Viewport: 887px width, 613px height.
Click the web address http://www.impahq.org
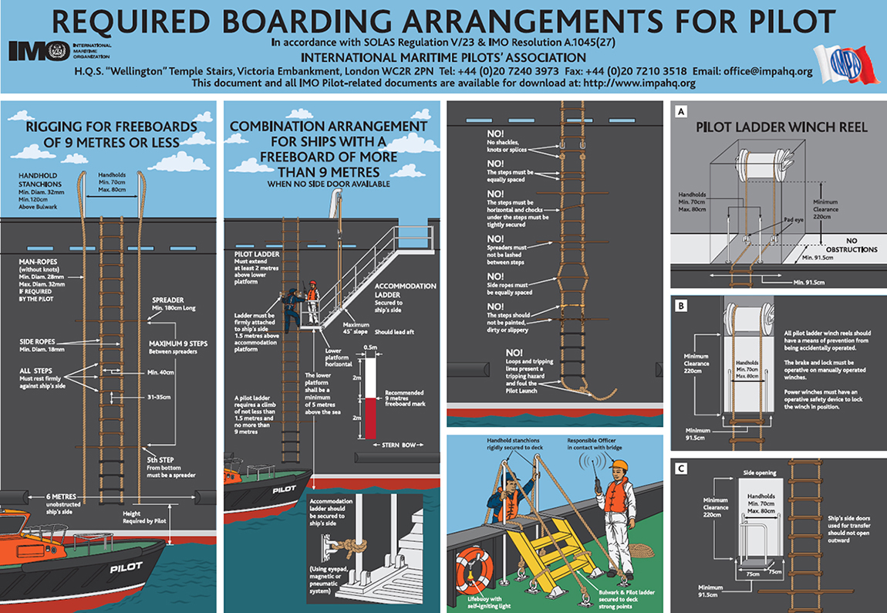(639, 83)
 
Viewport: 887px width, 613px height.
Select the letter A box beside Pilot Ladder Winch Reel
(681, 111)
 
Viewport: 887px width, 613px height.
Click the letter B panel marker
(681, 306)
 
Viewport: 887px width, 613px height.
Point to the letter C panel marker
(681, 468)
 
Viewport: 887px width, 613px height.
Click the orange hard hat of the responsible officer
(619, 466)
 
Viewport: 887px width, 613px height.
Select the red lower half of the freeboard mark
(370, 418)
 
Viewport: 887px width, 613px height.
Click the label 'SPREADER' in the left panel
(167, 300)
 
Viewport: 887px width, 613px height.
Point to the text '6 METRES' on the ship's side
(61, 496)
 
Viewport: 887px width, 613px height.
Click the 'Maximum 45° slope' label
(356, 328)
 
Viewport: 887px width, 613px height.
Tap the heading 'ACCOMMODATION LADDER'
(405, 290)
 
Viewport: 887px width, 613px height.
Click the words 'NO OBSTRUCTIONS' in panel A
(852, 245)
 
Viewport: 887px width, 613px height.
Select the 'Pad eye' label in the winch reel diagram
(793, 219)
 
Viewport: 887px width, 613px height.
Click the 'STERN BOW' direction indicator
(398, 445)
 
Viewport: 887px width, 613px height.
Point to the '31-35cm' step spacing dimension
(159, 397)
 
